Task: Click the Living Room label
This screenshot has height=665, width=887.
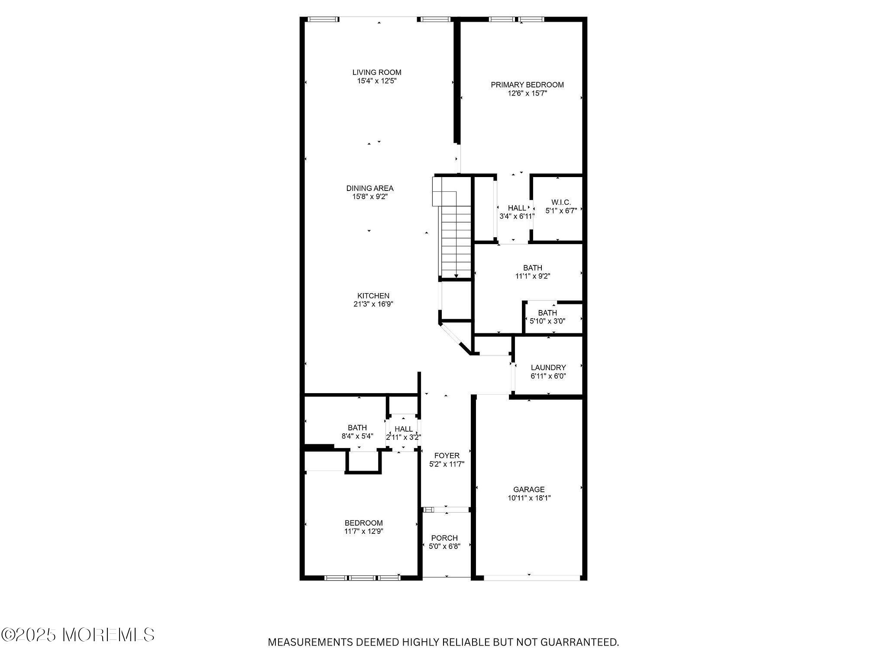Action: click(376, 72)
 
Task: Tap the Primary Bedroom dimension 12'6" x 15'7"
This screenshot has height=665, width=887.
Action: click(527, 93)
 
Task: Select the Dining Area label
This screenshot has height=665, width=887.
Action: click(369, 188)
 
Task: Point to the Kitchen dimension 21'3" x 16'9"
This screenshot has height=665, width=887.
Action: click(373, 304)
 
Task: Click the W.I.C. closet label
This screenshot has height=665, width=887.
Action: click(561, 202)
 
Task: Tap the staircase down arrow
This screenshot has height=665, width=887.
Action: click(456, 276)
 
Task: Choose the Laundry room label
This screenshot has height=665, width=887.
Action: click(548, 368)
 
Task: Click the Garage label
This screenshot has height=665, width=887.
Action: click(529, 490)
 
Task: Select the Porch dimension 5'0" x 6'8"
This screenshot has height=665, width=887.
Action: click(444, 546)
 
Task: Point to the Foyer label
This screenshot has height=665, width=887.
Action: click(447, 456)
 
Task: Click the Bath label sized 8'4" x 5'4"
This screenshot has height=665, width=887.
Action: click(357, 428)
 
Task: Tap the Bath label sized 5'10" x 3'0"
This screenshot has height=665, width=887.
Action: click(547, 313)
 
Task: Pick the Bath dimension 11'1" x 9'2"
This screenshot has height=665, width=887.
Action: click(532, 276)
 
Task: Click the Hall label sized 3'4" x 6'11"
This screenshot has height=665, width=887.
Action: click(517, 208)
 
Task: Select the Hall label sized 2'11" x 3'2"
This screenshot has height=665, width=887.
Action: click(403, 429)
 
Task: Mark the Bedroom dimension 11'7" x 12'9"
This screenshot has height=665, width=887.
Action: click(363, 531)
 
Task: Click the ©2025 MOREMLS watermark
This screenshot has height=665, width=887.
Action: click(78, 635)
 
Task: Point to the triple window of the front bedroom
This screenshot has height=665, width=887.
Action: click(363, 578)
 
